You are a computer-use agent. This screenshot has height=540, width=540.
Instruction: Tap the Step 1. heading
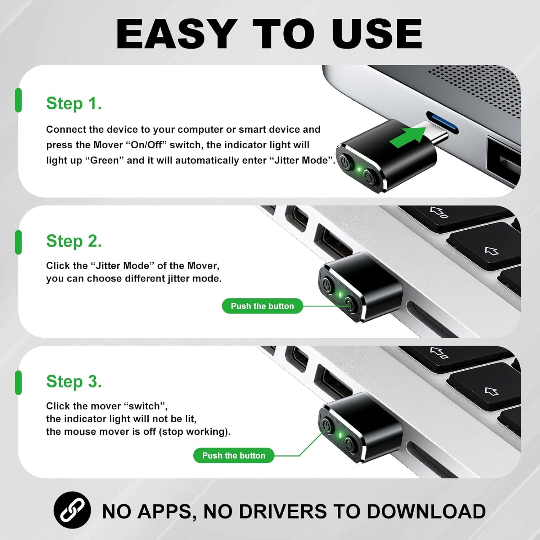(x=74, y=104)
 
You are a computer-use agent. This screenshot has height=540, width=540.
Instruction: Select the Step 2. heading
(x=74, y=241)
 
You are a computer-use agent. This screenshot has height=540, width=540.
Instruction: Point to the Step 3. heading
(x=74, y=382)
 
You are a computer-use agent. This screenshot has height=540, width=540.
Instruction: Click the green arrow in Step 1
(x=408, y=137)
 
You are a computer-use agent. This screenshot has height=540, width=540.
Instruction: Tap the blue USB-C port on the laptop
(x=442, y=122)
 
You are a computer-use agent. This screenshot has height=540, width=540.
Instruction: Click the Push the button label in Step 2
(x=262, y=306)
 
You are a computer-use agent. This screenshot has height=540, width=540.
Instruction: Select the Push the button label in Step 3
(x=234, y=455)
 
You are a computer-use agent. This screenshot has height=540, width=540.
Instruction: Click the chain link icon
(x=72, y=510)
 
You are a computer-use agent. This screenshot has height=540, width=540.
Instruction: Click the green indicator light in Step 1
(x=359, y=168)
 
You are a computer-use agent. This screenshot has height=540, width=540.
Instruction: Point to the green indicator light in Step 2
(x=340, y=294)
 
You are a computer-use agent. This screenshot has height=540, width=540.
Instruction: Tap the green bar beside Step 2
(x=18, y=242)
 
